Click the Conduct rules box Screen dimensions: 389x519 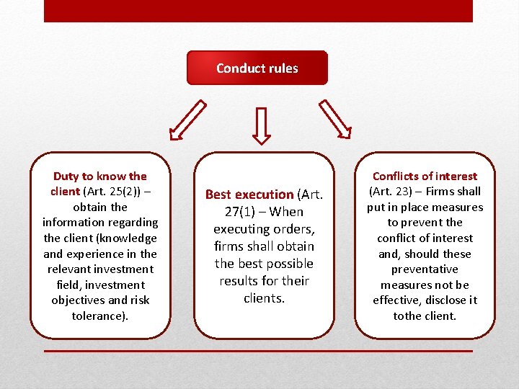click(x=257, y=68)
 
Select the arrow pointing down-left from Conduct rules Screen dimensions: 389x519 click(x=187, y=120)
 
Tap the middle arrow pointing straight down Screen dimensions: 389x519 click(x=262, y=125)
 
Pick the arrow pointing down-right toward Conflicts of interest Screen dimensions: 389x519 click(x=334, y=119)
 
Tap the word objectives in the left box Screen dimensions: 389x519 click(x=79, y=300)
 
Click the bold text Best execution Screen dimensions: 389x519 click(x=249, y=194)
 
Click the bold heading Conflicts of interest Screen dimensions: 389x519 click(x=425, y=176)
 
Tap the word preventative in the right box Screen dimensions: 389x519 click(x=425, y=269)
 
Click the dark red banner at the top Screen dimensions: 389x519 click(x=258, y=11)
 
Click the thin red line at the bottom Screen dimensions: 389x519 click(x=258, y=351)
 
